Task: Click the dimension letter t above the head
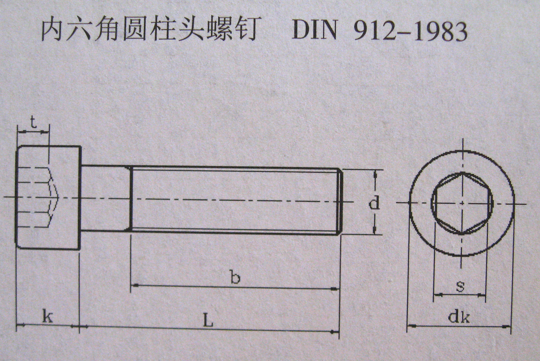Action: click(x=33, y=123)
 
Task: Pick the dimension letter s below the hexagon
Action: click(x=460, y=286)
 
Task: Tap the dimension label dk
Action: click(x=459, y=317)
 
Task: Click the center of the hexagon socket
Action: click(x=462, y=203)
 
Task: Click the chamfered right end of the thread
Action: click(x=341, y=201)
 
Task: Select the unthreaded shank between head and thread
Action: click(x=105, y=198)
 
